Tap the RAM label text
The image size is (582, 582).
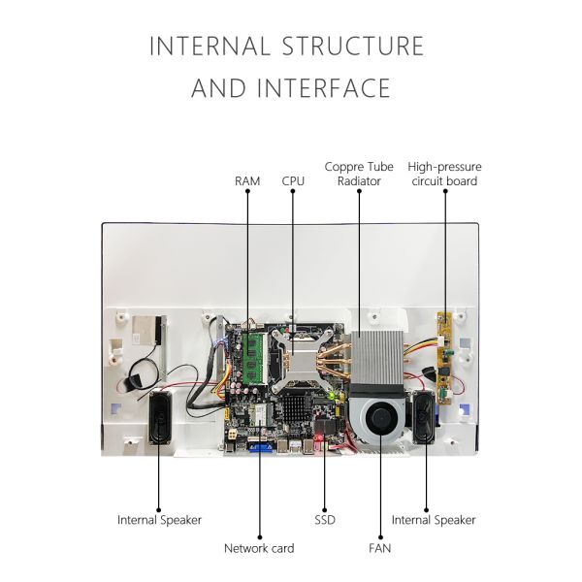247,181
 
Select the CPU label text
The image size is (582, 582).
293,181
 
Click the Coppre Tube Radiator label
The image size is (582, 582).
359,174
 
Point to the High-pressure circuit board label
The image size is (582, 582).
444,174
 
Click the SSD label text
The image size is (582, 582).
324,520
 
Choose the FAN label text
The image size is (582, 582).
380,548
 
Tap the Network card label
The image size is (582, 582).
259,548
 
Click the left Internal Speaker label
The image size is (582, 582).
160,520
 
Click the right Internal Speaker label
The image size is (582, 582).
434,520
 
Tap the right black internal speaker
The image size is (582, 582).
425,419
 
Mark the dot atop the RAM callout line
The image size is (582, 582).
247,192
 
